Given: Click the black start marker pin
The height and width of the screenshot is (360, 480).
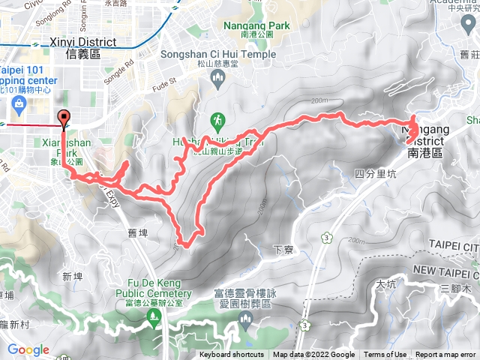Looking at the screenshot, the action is click(x=64, y=117).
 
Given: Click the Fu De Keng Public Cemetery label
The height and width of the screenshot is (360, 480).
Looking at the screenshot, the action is click(x=154, y=289).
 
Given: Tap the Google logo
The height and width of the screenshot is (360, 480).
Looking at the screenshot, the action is click(x=28, y=349).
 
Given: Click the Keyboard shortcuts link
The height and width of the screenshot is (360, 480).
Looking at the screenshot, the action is click(x=231, y=355).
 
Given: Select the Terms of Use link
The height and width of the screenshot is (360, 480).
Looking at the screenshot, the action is click(x=385, y=355).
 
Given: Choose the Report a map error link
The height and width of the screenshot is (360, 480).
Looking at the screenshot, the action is click(x=445, y=355).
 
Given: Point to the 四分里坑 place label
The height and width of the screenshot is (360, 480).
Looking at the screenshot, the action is click(x=369, y=173).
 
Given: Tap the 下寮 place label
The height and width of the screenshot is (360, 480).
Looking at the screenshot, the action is click(x=283, y=249).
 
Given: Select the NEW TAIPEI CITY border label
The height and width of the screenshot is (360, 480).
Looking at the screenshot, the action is click(x=445, y=269).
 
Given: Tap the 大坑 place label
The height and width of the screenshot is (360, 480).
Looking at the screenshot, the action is click(x=385, y=284).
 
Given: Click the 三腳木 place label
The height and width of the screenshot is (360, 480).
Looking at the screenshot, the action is click(x=454, y=289).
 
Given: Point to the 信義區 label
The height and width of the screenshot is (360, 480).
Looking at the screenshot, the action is click(x=82, y=55).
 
